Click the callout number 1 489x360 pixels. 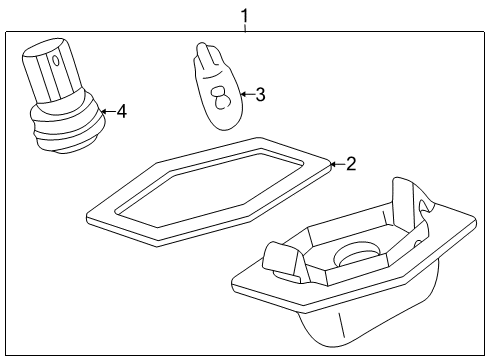[245, 16]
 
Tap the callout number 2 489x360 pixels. [351, 164]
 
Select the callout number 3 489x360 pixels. [260, 94]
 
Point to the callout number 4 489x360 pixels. [122, 111]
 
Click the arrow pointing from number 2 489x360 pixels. [337, 164]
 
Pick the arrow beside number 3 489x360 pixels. [247, 94]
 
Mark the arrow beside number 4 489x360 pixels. [108, 111]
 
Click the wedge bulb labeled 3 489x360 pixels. [218, 86]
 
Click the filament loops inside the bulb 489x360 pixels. [220, 97]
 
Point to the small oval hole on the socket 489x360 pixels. [56, 60]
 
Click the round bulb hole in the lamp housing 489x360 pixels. [358, 255]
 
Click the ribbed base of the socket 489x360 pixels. [68, 128]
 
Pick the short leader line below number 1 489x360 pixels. [245, 28]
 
